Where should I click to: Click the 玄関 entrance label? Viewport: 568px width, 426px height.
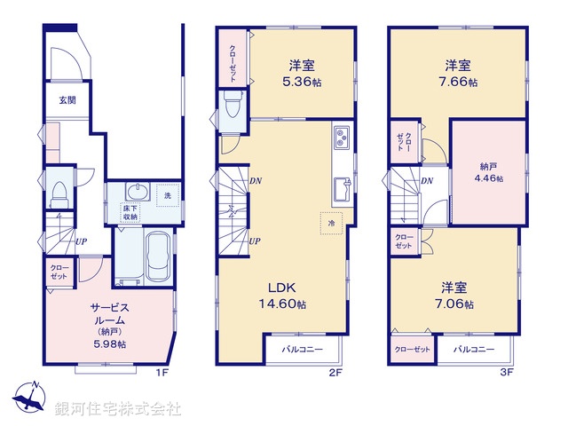tap(67, 100)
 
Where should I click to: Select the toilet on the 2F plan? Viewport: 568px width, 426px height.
tap(233, 107)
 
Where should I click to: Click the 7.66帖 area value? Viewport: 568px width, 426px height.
tap(460, 82)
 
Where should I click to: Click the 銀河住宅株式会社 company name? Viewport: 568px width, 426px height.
tap(118, 409)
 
